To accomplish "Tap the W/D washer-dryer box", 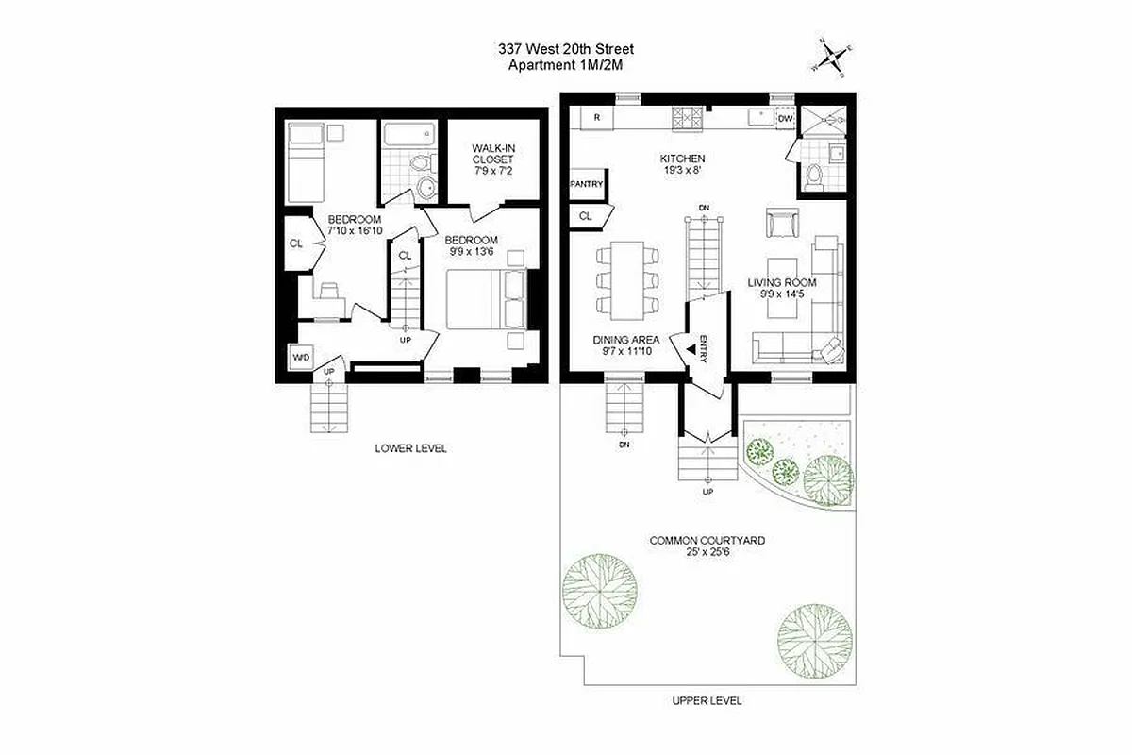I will click(x=301, y=358).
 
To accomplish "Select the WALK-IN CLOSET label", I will click(x=492, y=159).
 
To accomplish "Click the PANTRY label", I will click(x=586, y=184).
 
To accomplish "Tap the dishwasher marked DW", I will click(x=786, y=118).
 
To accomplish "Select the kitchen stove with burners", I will click(x=688, y=118).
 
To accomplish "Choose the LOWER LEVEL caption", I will click(x=410, y=448).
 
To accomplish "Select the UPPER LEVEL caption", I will click(x=707, y=700).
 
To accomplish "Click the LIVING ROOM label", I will click(x=782, y=282).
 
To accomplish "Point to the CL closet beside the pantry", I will click(x=586, y=216).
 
